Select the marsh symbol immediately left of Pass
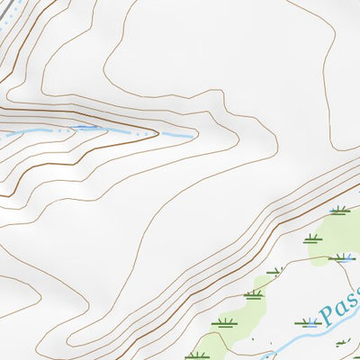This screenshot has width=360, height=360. (308, 321)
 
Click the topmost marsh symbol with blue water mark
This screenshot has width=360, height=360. (339, 211)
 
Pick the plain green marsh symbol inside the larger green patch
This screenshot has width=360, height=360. (311, 239)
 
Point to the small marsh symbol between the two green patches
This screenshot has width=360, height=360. (274, 270)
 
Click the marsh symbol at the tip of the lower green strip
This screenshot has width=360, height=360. (253, 294)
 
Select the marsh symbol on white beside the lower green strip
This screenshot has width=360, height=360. (223, 322)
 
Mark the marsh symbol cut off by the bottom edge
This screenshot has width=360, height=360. (196, 355)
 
